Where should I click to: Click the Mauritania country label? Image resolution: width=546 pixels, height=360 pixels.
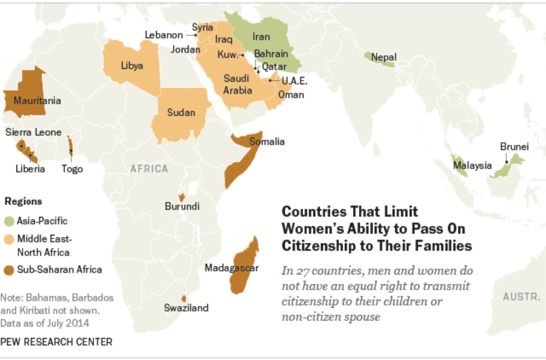(37, 101)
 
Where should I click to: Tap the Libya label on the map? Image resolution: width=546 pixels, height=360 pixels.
(132, 66)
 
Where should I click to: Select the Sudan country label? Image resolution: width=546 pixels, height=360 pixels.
(181, 112)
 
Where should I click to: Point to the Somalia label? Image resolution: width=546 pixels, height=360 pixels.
(267, 142)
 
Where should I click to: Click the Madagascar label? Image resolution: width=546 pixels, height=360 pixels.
(232, 268)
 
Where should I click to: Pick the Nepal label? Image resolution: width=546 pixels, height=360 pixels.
(383, 57)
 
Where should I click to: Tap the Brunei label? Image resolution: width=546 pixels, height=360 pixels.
(514, 147)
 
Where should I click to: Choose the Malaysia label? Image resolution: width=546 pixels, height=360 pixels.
(472, 165)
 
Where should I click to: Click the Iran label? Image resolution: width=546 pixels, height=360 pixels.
(261, 37)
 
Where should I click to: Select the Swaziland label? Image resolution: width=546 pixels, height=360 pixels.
(186, 308)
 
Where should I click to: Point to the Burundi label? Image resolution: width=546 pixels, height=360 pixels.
(182, 206)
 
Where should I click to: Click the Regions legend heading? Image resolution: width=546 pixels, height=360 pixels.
(23, 201)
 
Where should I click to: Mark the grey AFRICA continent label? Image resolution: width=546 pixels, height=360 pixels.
(149, 169)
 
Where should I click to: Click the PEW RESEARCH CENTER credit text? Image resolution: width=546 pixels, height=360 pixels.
(56, 342)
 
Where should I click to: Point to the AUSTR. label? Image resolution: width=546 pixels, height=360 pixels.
(521, 297)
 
